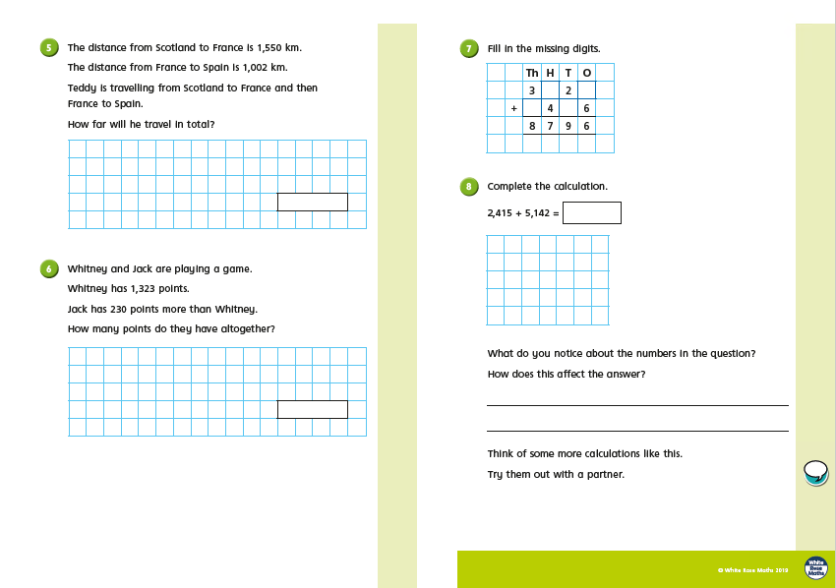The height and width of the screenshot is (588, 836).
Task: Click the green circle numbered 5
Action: (49, 47)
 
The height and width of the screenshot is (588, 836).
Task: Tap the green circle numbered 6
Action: (49, 268)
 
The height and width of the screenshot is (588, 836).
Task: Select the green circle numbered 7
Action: (469, 48)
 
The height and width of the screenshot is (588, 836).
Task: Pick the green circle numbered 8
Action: (469, 186)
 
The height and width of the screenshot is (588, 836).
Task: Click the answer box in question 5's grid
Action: (312, 202)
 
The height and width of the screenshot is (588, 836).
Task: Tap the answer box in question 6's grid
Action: (312, 409)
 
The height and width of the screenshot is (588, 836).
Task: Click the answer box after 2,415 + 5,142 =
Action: (592, 212)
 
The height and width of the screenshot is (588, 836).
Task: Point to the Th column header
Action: (532, 73)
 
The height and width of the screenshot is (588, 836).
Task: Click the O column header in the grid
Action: (586, 73)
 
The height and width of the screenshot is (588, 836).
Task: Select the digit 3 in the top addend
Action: (531, 90)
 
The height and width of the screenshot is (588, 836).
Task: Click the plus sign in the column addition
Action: (513, 108)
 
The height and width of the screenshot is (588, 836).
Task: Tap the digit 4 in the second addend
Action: (550, 108)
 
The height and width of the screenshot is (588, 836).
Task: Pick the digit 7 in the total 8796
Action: (550, 126)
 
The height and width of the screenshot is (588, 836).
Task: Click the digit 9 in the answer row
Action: (567, 126)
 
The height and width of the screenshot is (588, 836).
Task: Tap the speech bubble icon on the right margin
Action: (815, 472)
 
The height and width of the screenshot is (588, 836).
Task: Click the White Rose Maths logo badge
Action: (815, 567)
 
